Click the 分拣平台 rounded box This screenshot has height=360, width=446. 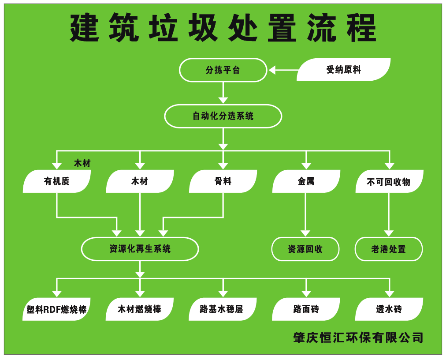tap(223, 70)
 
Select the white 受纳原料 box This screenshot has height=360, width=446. tap(343, 70)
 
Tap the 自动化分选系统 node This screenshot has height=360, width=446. tap(223, 116)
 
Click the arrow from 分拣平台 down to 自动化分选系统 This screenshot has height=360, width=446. tap(223, 93)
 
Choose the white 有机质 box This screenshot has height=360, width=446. tap(56, 181)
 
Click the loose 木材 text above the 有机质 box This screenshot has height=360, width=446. tap(82, 164)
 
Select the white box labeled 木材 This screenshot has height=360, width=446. tap(140, 181)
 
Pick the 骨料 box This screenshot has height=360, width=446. tap(223, 181)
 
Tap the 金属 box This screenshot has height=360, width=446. tap(306, 181)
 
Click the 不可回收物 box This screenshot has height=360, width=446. tap(389, 181)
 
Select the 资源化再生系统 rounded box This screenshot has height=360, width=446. tap(140, 249)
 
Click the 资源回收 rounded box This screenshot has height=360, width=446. tap(305, 249)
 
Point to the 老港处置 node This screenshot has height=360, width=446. tap(389, 249)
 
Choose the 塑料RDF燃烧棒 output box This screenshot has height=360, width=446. tap(56, 309)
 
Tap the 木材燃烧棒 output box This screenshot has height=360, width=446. tap(140, 309)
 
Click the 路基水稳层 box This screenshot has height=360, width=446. tap(223, 309)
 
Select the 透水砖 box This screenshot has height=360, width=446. tap(389, 309)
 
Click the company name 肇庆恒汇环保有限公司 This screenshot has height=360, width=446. tap(358, 337)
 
